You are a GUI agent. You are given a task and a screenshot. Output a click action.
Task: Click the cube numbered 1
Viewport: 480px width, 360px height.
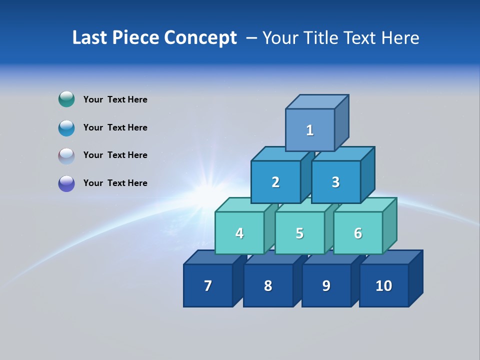310,130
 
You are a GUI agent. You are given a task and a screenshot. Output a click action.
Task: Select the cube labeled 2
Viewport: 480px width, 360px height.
275,182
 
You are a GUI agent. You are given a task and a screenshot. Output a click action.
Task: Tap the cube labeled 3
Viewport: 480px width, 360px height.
335,182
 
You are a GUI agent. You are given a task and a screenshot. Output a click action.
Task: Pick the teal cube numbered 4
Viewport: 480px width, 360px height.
239,233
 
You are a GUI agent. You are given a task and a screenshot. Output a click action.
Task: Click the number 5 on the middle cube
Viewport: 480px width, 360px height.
299,233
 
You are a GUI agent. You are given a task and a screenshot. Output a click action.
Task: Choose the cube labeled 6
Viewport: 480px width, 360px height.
358,233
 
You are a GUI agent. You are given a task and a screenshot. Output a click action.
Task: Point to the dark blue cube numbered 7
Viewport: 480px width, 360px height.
208,285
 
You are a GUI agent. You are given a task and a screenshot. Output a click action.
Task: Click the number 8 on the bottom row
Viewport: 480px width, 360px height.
268,285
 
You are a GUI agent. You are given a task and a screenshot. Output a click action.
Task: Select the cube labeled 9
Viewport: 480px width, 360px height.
326,285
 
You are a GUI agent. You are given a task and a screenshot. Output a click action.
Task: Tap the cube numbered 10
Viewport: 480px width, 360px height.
384,285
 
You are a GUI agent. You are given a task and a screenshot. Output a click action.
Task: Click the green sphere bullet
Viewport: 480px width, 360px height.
66,99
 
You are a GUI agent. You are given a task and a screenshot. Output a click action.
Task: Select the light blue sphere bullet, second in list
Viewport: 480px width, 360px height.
66,127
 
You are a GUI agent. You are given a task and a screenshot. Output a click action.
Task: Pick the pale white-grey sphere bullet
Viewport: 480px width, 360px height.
66,155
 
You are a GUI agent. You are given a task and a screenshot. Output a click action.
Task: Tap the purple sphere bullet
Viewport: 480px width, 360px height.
66,183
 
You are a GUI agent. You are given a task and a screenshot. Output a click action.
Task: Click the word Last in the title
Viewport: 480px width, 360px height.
90,37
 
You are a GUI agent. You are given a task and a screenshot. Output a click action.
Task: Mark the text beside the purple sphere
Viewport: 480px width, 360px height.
115,183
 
